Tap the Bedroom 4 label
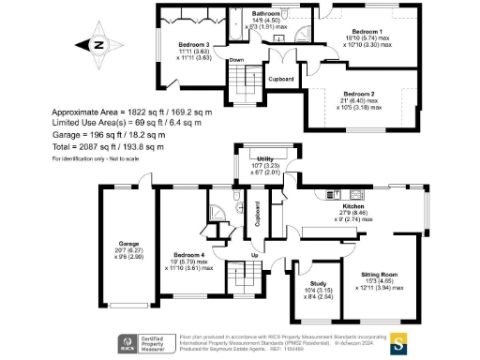tap(188, 254)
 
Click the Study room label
tap(307, 285)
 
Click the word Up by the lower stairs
tap(254, 254)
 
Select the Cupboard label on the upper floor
tap(281, 79)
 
